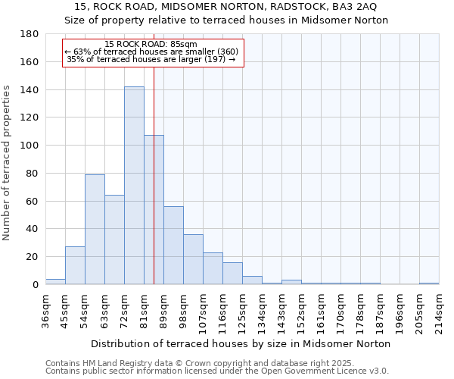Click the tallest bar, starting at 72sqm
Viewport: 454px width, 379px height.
pyautogui.click(x=134, y=186)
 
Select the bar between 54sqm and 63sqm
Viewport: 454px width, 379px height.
pyautogui.click(x=95, y=229)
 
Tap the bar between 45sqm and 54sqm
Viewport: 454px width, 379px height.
pyautogui.click(x=75, y=265)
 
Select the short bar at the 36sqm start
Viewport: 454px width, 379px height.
pyautogui.click(x=55, y=281)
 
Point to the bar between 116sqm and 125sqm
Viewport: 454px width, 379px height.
pyautogui.click(x=232, y=274)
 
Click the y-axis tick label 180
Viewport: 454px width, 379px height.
pyautogui.click(x=30, y=34)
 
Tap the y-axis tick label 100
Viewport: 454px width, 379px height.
pyautogui.click(x=30, y=146)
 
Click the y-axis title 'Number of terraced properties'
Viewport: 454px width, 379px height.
pyautogui.click(x=7, y=162)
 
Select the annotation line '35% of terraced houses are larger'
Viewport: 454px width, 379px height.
pyautogui.click(x=151, y=59)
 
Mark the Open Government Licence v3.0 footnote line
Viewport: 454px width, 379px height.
pyautogui.click(x=217, y=371)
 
